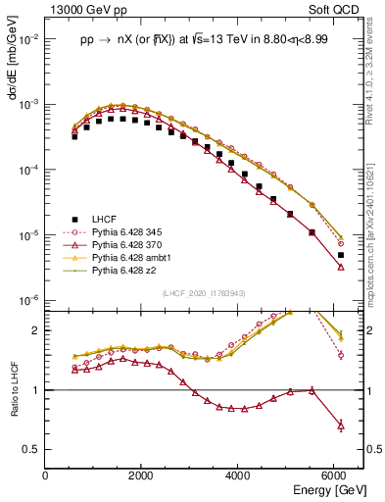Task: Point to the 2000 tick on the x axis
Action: [x=142, y=475]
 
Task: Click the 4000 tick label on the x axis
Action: [x=238, y=475]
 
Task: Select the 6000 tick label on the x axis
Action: [x=334, y=475]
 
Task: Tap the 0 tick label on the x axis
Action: [x=46, y=475]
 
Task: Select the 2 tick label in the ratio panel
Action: [x=37, y=330]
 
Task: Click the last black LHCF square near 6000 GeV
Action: [x=340, y=255]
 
